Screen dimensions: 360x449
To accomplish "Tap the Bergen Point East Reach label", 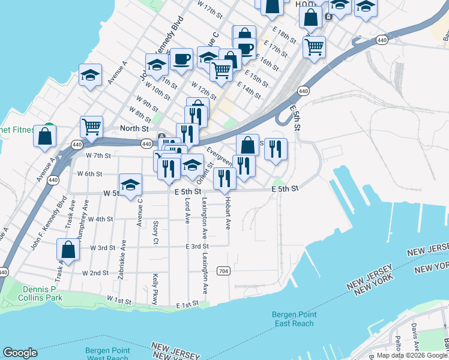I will [292, 319].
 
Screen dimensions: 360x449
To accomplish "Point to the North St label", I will [134, 128].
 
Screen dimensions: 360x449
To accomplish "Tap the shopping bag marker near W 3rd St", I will [68, 250].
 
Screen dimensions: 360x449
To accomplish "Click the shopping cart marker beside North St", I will [91, 127].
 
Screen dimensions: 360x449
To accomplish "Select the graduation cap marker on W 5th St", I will [130, 184].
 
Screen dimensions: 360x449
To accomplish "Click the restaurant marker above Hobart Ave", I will [224, 178].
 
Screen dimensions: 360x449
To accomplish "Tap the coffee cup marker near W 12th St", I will [181, 59].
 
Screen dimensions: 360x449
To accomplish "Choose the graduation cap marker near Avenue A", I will [90, 75].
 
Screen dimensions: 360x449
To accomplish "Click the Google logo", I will [20, 353].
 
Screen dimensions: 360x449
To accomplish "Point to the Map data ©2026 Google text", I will [412, 355].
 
